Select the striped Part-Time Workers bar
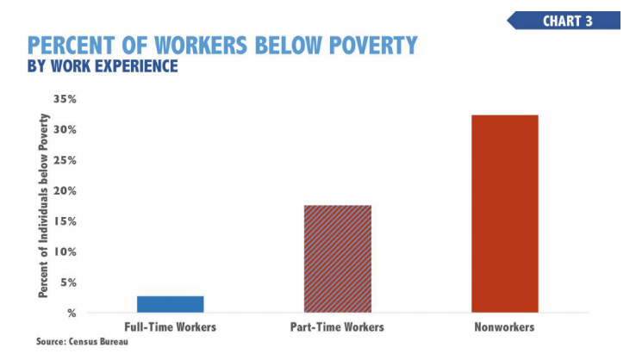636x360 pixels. [x=337, y=258]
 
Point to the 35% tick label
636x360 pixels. [x=65, y=100]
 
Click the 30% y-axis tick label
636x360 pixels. [x=65, y=130]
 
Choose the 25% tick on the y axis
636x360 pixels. [x=65, y=161]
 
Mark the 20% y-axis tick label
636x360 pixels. [x=65, y=191]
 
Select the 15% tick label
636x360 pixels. [x=65, y=222]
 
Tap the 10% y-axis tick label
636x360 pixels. [x=65, y=252]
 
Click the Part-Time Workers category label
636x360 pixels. [x=337, y=327]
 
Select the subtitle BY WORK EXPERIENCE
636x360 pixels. [x=103, y=66]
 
